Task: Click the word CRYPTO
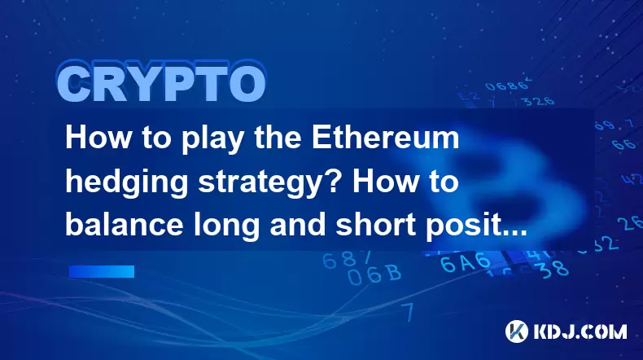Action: point(161,83)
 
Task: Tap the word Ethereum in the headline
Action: point(385,138)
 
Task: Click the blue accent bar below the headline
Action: point(102,271)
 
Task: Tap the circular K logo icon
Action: point(516,331)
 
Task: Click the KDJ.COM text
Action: point(580,331)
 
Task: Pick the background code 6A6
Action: point(466,262)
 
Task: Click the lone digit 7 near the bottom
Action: point(407,312)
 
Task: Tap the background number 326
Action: point(538,101)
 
